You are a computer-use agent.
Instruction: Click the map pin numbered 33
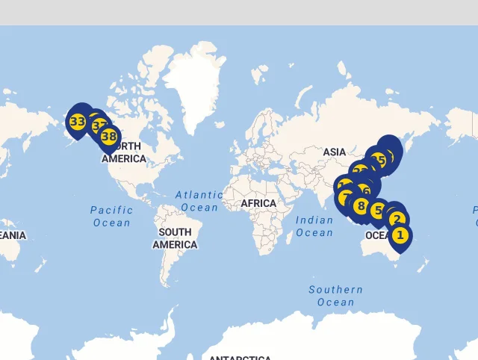click(x=77, y=121)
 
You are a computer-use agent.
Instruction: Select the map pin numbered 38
click(x=109, y=137)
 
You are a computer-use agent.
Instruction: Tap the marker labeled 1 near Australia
click(x=400, y=235)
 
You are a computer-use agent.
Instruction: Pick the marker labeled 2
click(x=397, y=220)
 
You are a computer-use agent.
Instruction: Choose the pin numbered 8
click(x=361, y=206)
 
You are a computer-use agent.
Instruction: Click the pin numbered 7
click(x=345, y=198)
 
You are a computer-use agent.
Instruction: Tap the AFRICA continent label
click(x=258, y=203)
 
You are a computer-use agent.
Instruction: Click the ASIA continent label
click(x=334, y=152)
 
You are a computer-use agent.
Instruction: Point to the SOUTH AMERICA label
click(x=175, y=238)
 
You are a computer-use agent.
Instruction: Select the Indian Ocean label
click(x=314, y=226)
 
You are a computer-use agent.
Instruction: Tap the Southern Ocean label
click(x=335, y=296)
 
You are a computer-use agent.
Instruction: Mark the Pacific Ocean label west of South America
click(x=111, y=216)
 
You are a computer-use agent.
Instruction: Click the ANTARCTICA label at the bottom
click(x=239, y=358)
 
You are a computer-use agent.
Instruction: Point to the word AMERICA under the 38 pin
click(x=124, y=158)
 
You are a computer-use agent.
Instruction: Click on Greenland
click(x=196, y=82)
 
